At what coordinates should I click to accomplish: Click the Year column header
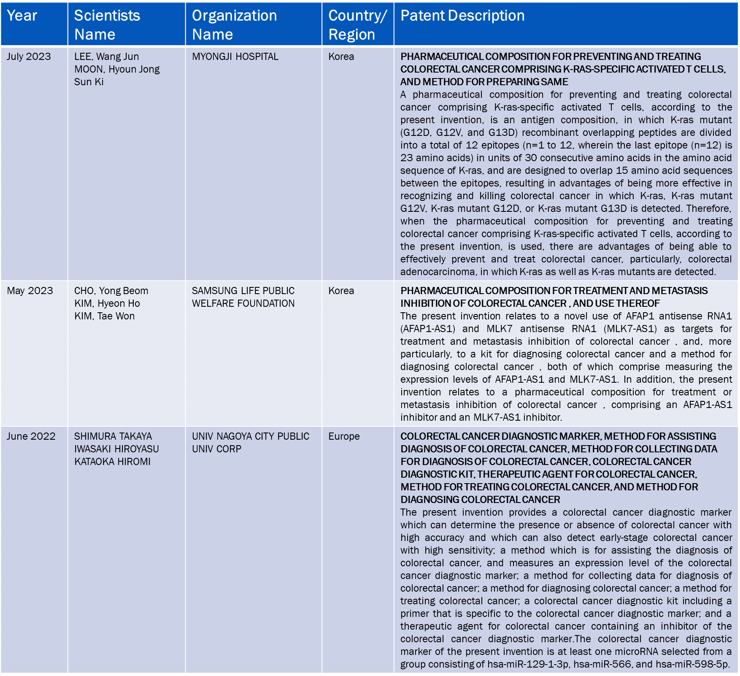tap(22, 16)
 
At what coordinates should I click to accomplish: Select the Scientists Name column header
tap(107, 25)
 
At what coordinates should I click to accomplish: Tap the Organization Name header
tap(234, 25)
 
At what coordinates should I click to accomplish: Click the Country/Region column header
tap(357, 25)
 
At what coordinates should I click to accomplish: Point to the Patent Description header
tap(462, 16)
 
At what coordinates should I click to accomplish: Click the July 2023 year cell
tap(29, 57)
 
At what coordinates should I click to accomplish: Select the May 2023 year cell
tap(30, 291)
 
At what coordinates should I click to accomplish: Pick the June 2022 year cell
tap(31, 436)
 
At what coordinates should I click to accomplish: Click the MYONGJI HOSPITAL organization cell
tap(235, 57)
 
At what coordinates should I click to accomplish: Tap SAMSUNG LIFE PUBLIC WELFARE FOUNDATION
tap(243, 297)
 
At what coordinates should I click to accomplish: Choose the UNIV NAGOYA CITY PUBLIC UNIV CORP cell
tap(251, 443)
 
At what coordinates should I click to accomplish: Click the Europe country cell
tap(344, 436)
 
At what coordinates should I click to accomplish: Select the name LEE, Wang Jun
tap(106, 57)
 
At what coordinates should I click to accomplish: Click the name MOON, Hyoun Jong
tap(117, 69)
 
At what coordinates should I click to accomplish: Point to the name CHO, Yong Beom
tap(111, 291)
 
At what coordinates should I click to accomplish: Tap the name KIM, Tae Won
tap(104, 316)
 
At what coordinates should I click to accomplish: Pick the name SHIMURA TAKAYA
tap(113, 436)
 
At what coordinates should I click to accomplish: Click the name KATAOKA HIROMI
tap(112, 462)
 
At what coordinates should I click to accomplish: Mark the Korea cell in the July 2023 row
tap(341, 57)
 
